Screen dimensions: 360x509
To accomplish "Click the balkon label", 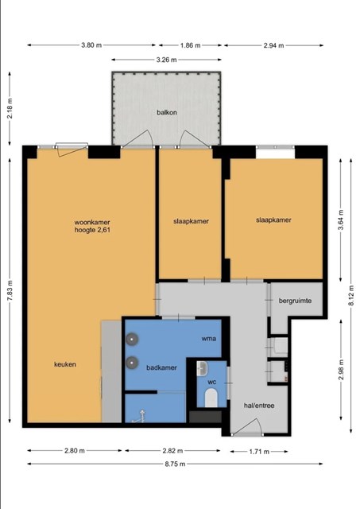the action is pyautogui.click(x=167, y=112).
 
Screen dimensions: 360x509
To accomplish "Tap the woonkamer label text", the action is pyautogui.click(x=92, y=223).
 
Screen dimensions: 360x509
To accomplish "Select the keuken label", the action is pyautogui.click(x=65, y=364).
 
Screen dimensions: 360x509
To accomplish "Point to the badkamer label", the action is pyautogui.click(x=161, y=367).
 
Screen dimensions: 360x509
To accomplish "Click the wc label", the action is pyautogui.click(x=211, y=382).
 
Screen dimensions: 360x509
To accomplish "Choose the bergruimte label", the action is pyautogui.click(x=295, y=301).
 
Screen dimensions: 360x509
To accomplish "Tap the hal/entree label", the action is pyautogui.click(x=259, y=406).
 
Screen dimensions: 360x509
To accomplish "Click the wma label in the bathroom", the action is pyautogui.click(x=208, y=339).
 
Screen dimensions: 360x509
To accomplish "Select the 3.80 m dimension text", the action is pyautogui.click(x=91, y=45).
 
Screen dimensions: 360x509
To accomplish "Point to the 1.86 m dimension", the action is pyautogui.click(x=191, y=45).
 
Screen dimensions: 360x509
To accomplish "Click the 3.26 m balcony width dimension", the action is pyautogui.click(x=166, y=60).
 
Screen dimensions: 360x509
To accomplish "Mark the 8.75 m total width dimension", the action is pyautogui.click(x=175, y=464).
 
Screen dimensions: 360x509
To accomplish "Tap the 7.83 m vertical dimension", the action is pyautogui.click(x=10, y=290).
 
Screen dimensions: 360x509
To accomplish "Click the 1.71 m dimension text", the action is pyautogui.click(x=259, y=451).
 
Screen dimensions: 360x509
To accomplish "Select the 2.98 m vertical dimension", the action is pyautogui.click(x=341, y=370).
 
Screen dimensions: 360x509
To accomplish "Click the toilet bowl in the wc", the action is pyautogui.click(x=211, y=398).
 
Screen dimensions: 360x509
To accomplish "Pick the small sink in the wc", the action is pyautogui.click(x=202, y=369).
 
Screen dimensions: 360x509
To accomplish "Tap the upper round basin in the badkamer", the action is pyautogui.click(x=133, y=340).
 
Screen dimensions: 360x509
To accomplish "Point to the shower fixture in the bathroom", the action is pyautogui.click(x=140, y=417).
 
